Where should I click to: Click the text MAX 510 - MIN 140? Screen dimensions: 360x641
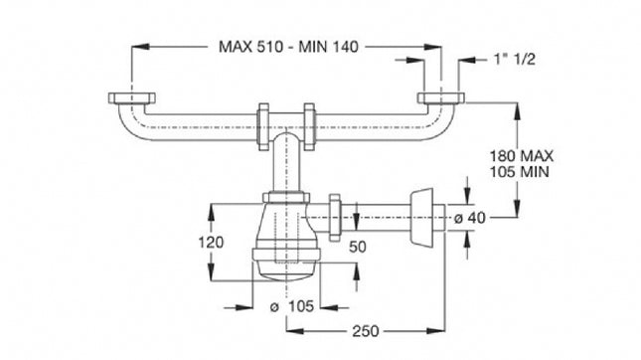(288, 46)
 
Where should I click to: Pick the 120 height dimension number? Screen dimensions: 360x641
(231, 241)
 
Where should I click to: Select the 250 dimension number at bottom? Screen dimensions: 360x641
(367, 330)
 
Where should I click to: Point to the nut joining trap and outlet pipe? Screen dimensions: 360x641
(336, 217)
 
